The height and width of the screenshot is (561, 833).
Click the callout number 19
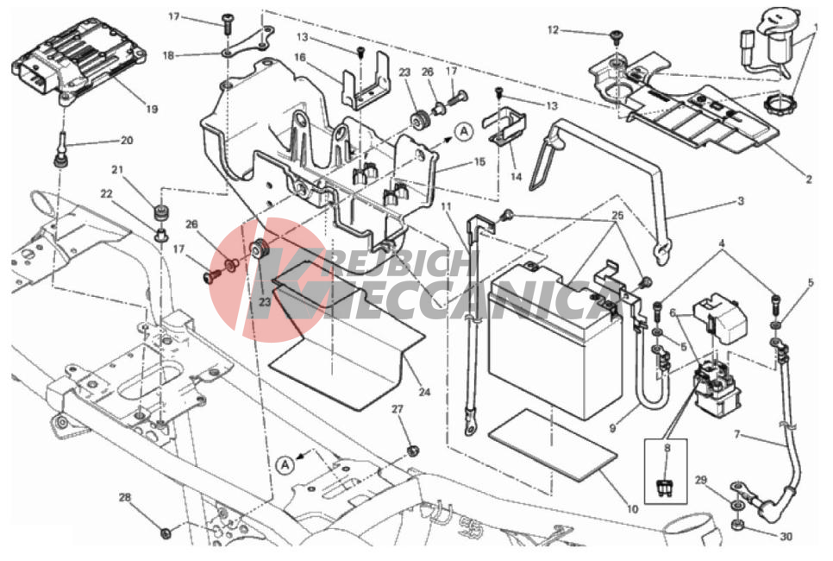click(152, 109)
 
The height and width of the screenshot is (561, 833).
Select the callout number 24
click(424, 393)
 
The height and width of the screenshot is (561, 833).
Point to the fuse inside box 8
click(665, 487)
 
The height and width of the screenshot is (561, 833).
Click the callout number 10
click(632, 509)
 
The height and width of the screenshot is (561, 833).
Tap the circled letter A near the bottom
click(285, 464)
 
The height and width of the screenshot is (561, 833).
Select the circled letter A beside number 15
click(464, 131)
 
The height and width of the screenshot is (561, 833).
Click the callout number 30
click(786, 537)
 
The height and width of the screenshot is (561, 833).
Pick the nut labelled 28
click(166, 531)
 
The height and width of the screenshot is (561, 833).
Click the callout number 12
click(553, 30)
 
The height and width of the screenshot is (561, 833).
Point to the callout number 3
click(741, 201)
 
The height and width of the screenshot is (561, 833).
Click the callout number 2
click(809, 180)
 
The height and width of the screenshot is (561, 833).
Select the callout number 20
click(127, 141)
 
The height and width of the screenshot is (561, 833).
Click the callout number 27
click(398, 409)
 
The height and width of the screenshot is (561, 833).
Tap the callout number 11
click(447, 205)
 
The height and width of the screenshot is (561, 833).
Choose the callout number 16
click(300, 57)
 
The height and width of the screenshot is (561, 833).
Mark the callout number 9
click(612, 427)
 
